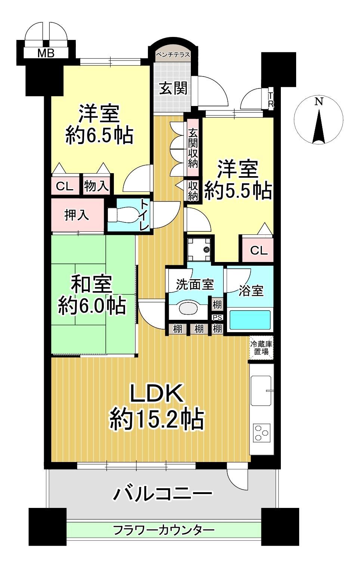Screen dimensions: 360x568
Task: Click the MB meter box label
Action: [46, 53]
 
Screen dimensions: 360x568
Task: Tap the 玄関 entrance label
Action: [173, 88]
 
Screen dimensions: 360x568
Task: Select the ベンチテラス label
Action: [173, 54]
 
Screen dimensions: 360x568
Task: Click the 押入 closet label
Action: [77, 215]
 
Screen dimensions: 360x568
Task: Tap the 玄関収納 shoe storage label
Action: [193, 148]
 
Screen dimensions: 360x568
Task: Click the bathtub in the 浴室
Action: [249, 319]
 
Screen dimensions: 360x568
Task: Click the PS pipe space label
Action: [217, 318]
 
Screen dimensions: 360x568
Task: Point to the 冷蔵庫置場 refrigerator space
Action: [261, 348]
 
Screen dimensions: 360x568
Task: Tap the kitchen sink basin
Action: [261, 391]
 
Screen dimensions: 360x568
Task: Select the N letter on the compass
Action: [319, 102]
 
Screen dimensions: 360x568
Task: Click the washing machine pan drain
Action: [206, 250]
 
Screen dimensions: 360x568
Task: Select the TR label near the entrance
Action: [271, 100]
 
